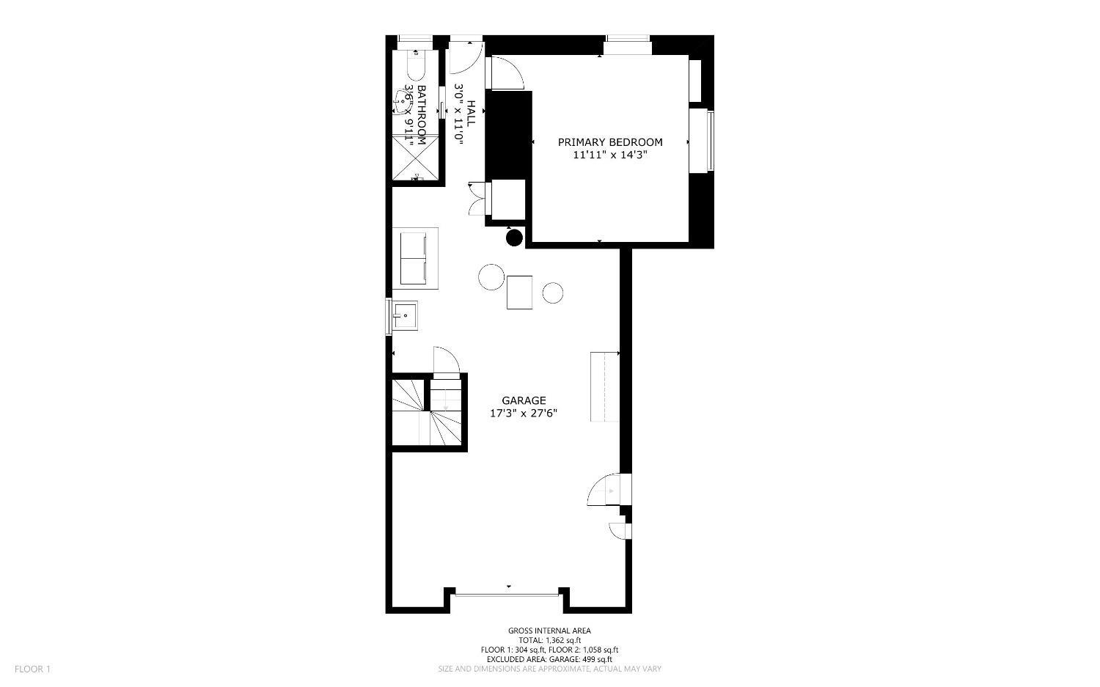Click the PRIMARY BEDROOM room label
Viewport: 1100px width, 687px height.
[610, 142]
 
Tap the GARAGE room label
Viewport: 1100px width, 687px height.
[524, 401]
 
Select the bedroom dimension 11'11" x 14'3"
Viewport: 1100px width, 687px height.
[610, 155]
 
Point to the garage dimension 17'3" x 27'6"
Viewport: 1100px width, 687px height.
[524, 414]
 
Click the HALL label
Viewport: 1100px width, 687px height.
[471, 114]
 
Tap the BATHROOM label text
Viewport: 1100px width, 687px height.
[422, 115]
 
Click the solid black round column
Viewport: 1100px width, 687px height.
[514, 238]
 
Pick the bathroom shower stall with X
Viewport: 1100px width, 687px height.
[416, 158]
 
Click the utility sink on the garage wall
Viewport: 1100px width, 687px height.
[404, 315]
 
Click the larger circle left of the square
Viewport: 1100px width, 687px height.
[491, 277]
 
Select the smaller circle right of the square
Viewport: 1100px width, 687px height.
[552, 293]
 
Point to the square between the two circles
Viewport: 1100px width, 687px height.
[519, 293]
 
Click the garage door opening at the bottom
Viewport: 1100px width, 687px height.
[507, 595]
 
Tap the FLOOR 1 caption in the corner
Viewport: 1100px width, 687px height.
[32, 669]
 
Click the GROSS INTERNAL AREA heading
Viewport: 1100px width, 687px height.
[549, 631]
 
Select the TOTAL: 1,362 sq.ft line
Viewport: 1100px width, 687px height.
[549, 640]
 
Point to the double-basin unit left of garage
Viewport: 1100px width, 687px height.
[415, 258]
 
